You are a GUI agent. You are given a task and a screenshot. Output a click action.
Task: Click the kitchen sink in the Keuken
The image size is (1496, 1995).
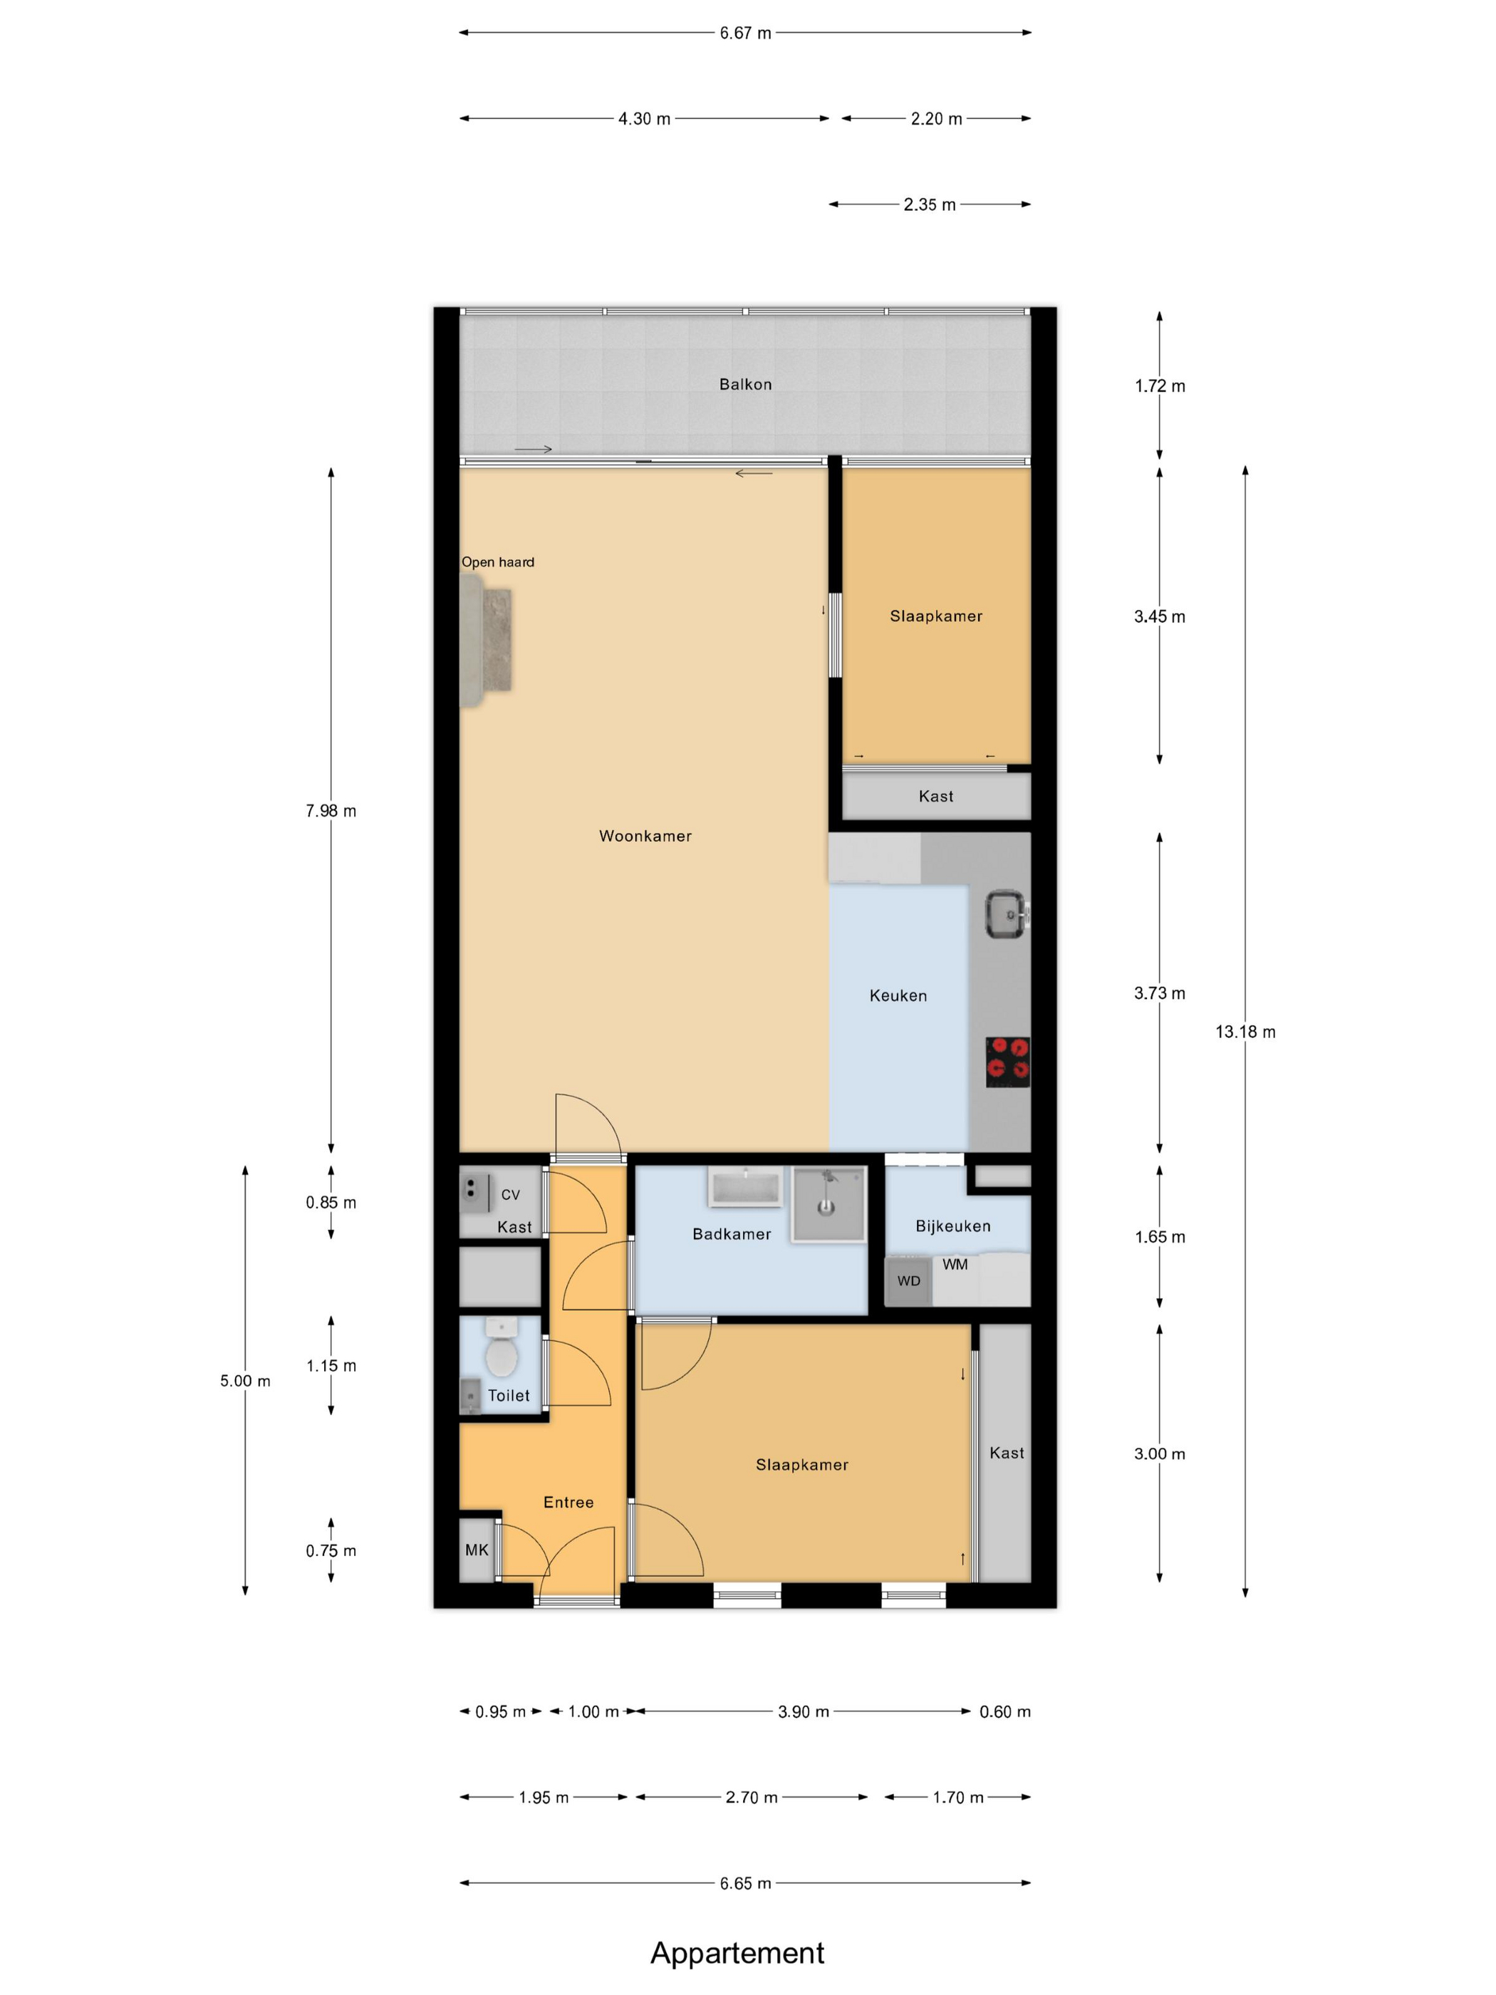pyautogui.click(x=1005, y=915)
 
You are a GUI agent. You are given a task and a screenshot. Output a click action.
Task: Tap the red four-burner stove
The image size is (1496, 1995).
pyautogui.click(x=1007, y=1062)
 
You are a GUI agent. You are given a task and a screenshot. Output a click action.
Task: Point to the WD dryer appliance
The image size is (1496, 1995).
pyautogui.click(x=909, y=1280)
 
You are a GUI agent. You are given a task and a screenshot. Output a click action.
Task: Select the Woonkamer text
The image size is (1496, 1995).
pyautogui.click(x=645, y=836)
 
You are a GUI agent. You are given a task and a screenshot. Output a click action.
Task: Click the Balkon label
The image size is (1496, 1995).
pyautogui.click(x=746, y=384)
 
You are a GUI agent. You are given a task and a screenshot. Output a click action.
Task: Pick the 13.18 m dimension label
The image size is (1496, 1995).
pyautogui.click(x=1245, y=1032)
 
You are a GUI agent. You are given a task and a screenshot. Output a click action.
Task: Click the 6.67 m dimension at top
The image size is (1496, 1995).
pyautogui.click(x=746, y=33)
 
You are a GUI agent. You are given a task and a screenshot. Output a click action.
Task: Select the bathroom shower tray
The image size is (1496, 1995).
pyautogui.click(x=828, y=1205)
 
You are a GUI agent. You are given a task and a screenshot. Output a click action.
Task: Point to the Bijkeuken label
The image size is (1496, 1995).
pyautogui.click(x=953, y=1225)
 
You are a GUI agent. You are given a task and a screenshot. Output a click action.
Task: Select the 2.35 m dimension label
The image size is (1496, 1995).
pyautogui.click(x=930, y=204)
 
